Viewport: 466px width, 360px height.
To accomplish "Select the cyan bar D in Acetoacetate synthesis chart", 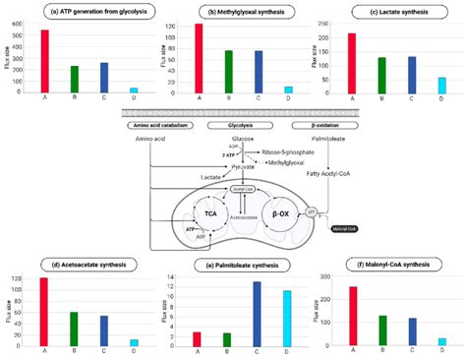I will pyautogui.click(x=134, y=341).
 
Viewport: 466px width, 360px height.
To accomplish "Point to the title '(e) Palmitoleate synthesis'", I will pyautogui.click(x=232, y=266).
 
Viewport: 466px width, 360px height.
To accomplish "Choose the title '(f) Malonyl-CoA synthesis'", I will pyautogui.click(x=388, y=265).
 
